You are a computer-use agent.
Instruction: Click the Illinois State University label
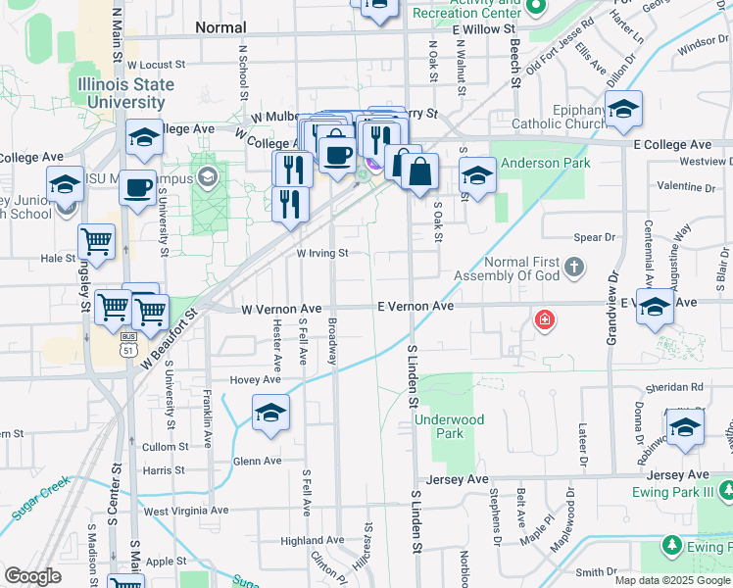122,93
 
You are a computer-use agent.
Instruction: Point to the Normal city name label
220,27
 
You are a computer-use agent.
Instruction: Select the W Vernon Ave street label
282,309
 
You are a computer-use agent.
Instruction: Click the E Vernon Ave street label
415,307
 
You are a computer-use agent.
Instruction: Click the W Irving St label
322,253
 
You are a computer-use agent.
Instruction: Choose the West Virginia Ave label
185,511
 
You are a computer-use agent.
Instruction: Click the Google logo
32,577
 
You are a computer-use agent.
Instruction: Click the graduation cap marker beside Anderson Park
476,176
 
